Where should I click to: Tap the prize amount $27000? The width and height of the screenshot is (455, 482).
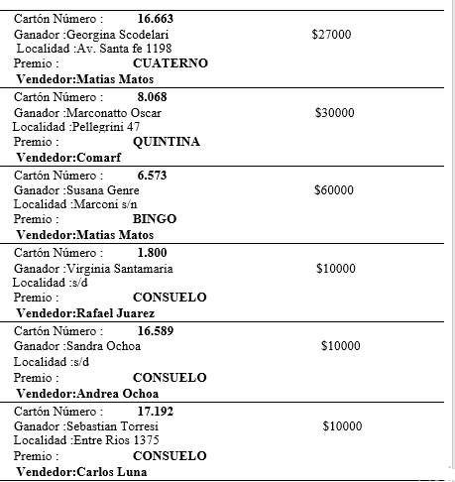(331, 35)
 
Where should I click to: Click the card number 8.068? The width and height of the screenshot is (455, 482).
(153, 97)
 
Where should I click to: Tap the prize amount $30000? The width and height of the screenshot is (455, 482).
(334, 113)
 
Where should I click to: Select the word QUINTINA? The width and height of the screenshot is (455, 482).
(166, 142)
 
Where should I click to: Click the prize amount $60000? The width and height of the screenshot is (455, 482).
(333, 190)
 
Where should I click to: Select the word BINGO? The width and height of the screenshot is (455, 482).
(154, 219)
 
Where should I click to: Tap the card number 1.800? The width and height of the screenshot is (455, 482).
(152, 253)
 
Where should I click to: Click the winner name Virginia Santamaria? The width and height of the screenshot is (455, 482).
(119, 269)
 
